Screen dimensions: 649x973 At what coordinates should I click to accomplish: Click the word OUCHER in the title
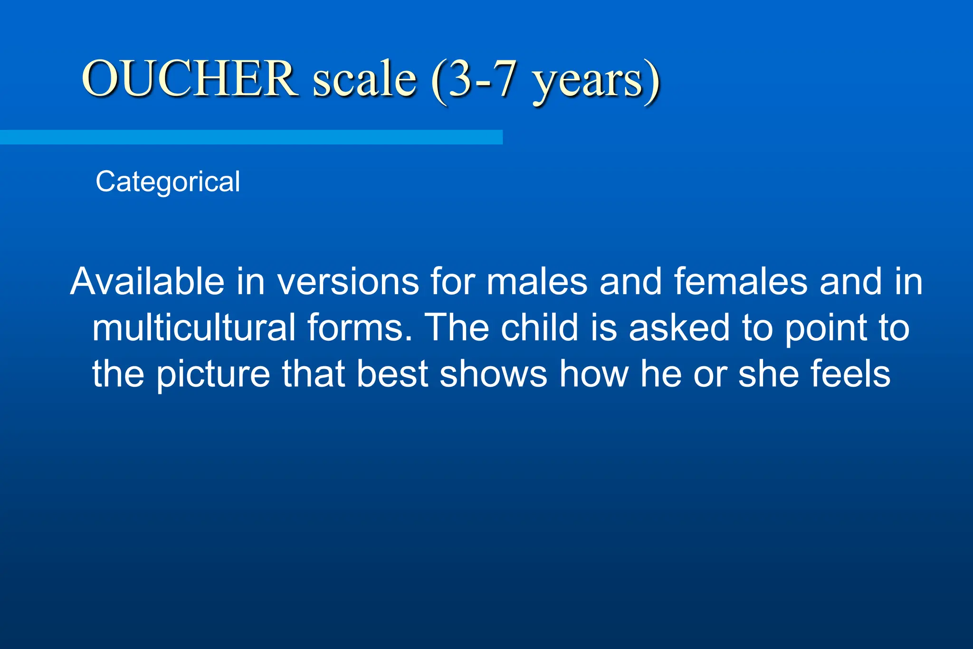[189, 78]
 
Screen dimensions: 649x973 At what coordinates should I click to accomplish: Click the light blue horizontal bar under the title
[251, 137]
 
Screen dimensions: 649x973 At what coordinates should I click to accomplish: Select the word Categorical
[168, 182]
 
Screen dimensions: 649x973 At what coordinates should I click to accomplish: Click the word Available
[147, 282]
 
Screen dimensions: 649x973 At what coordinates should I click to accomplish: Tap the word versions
[348, 282]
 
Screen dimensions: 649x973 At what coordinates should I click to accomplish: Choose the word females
[741, 282]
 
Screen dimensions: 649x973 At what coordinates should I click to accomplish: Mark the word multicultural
[194, 328]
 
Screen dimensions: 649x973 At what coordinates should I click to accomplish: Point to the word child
[539, 328]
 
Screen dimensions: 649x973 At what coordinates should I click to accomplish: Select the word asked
[679, 328]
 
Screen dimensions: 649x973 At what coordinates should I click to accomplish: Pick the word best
[392, 374]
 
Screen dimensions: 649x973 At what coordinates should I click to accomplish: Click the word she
[766, 374]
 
